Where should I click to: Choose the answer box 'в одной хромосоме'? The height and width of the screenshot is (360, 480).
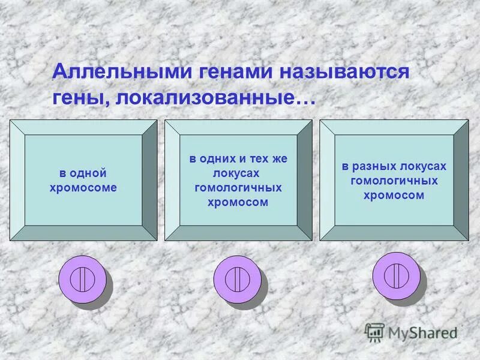[x=83, y=180]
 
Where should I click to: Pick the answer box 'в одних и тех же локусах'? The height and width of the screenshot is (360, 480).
[x=238, y=180]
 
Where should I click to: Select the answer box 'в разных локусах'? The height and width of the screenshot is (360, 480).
[x=394, y=180]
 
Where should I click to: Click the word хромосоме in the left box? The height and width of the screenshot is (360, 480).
[x=83, y=187]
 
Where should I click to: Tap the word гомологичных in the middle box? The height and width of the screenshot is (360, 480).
[x=238, y=188]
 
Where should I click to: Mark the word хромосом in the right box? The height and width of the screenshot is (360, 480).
[x=394, y=195]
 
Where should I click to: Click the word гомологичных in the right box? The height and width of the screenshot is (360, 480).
[x=394, y=181]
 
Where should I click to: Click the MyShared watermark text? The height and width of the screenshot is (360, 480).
[x=422, y=331]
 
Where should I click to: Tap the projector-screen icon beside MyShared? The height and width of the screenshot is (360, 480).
[x=375, y=332]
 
